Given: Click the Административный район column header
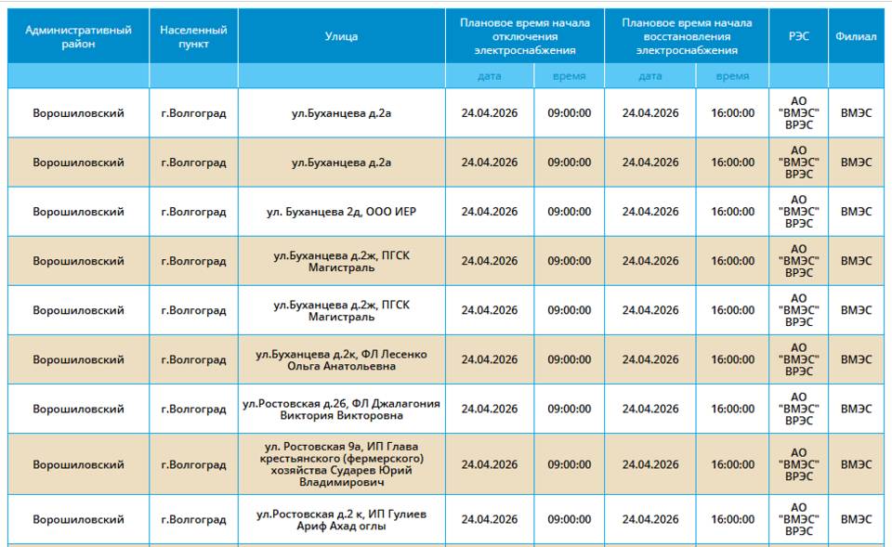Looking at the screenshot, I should tap(78, 37).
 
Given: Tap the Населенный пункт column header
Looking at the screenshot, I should tap(193, 37).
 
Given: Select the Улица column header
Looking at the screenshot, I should tap(341, 37).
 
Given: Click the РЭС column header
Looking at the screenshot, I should tap(798, 37).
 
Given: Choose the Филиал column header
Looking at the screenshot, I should tap(856, 37).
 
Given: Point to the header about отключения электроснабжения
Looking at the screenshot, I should tap(524, 37).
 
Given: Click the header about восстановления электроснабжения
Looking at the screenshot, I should tap(687, 37).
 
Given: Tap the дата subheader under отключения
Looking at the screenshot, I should tap(489, 76).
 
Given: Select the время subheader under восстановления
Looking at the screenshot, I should tap(732, 76).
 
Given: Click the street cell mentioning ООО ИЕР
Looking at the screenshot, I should tap(341, 212).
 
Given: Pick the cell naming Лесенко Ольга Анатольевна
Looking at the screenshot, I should tap(341, 360).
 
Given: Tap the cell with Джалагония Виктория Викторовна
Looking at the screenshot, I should tap(341, 410).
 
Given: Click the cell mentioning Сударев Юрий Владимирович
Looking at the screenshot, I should tap(341, 464).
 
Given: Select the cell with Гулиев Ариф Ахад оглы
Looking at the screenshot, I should tap(341, 520).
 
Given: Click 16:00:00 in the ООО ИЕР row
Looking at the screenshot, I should tap(732, 212).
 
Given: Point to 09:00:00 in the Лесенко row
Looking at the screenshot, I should tap(569, 360).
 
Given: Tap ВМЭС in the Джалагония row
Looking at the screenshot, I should tap(856, 410).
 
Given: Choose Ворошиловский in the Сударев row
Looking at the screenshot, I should tap(78, 464).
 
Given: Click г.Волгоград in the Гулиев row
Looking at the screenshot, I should tap(193, 520).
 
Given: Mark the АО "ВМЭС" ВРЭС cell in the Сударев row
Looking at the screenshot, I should tap(798, 464).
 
